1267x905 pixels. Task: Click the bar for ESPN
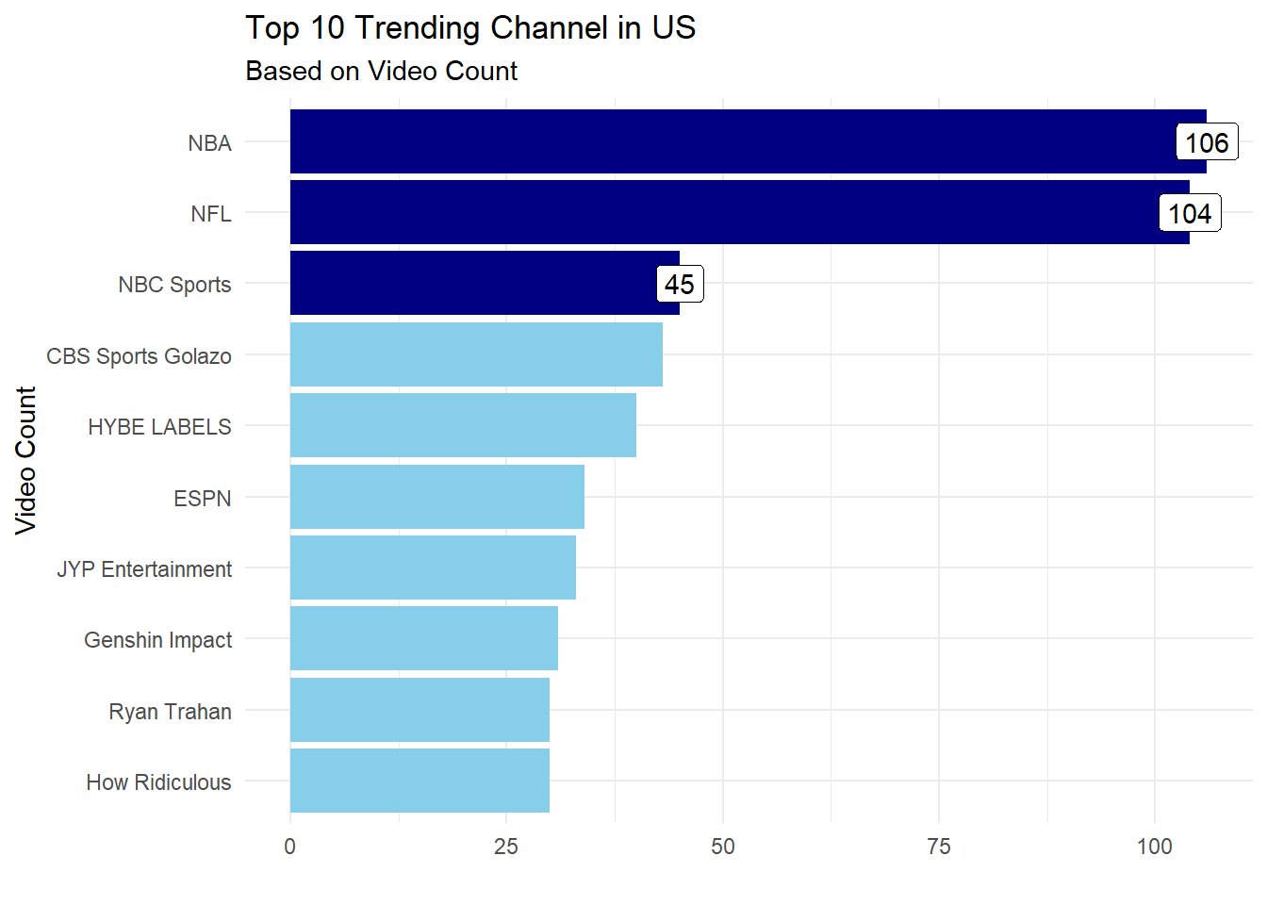pyautogui.click(x=436, y=497)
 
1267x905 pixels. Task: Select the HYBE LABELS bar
pyautogui.click(x=463, y=425)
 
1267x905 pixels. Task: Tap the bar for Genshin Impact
pyautogui.click(x=423, y=638)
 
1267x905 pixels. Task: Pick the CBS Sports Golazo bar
pyautogui.click(x=476, y=354)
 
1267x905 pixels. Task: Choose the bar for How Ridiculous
pyautogui.click(x=420, y=781)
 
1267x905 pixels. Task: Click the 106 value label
pyautogui.click(x=1207, y=142)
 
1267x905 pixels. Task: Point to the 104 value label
pyautogui.click(x=1190, y=214)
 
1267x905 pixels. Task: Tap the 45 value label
pyautogui.click(x=680, y=285)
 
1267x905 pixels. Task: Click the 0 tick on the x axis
pyautogui.click(x=289, y=847)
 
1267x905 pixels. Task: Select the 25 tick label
pyautogui.click(x=506, y=847)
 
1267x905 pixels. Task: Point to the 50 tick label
pyautogui.click(x=723, y=847)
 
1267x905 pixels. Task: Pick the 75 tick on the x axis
pyautogui.click(x=939, y=847)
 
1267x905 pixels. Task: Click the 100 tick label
pyautogui.click(x=1155, y=847)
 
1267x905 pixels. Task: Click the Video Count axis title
pyautogui.click(x=25, y=460)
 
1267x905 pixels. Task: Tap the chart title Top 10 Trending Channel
pyautogui.click(x=469, y=28)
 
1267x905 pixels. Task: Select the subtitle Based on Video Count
pyautogui.click(x=381, y=72)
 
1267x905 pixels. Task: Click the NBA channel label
pyautogui.click(x=209, y=143)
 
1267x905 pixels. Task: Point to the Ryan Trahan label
pyautogui.click(x=170, y=712)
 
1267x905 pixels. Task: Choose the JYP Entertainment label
pyautogui.click(x=144, y=569)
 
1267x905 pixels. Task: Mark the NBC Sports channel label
pyautogui.click(x=174, y=285)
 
